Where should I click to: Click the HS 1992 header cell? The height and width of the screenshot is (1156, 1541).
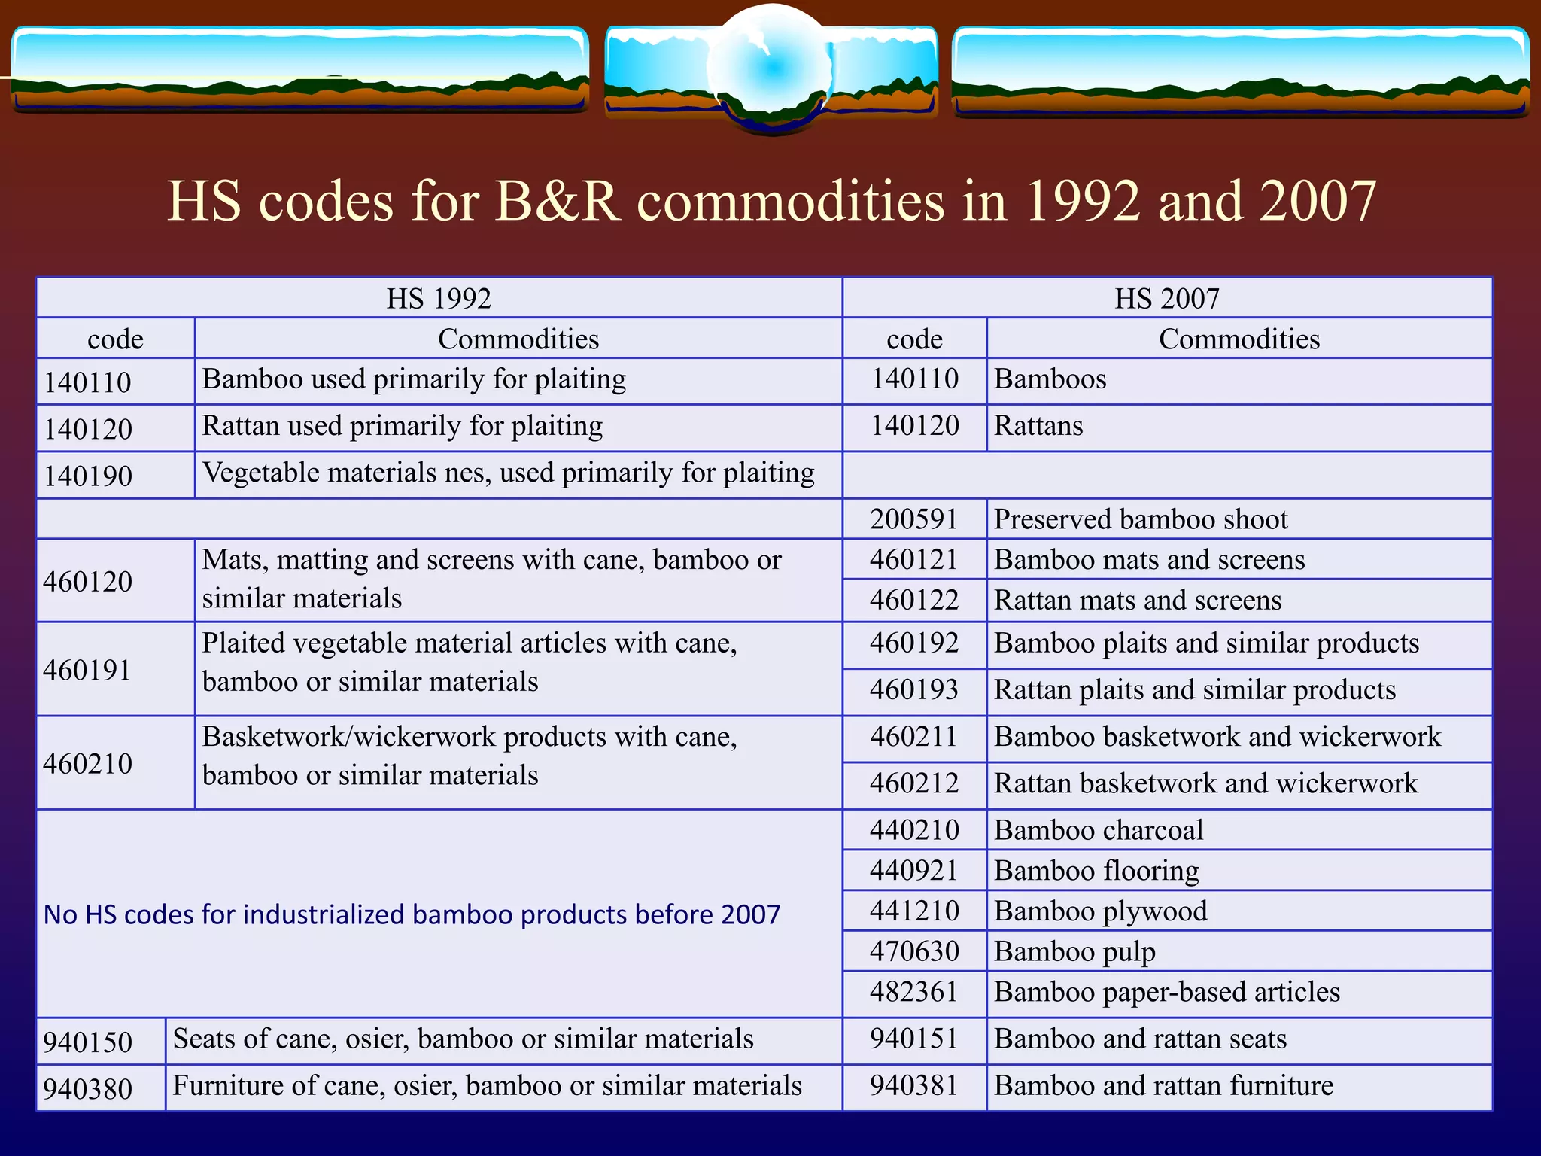click(x=439, y=299)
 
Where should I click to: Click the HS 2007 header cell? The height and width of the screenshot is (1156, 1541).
click(x=1166, y=299)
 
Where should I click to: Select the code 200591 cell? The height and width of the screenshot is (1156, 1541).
click(x=914, y=519)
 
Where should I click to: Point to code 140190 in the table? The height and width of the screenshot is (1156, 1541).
click(x=88, y=476)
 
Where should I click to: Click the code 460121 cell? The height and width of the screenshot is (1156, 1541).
click(x=914, y=560)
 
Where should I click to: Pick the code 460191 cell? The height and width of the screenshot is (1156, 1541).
click(x=87, y=670)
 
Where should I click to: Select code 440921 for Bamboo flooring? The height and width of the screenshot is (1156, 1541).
click(x=914, y=871)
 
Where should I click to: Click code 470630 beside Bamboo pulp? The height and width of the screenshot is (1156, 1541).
click(x=914, y=952)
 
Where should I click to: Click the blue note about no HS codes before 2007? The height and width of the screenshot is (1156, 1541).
click(x=412, y=914)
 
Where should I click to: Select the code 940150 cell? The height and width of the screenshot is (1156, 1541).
click(x=88, y=1042)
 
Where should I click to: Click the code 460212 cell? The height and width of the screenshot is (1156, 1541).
click(x=914, y=783)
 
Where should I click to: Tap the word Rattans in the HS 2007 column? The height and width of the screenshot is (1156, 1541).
click(x=1038, y=426)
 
